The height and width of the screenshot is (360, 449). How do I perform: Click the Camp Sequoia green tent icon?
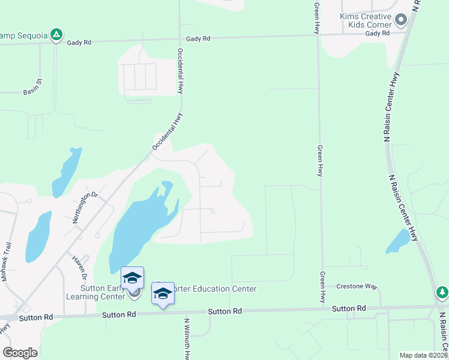[x=56, y=35]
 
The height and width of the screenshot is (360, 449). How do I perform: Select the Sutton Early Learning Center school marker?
[x=133, y=277]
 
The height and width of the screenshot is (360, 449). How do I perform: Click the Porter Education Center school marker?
[x=163, y=293]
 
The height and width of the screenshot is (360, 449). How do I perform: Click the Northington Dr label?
[x=85, y=207]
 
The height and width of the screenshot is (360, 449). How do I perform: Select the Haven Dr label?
[x=80, y=266]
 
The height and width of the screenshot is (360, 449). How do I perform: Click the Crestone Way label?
[x=356, y=286]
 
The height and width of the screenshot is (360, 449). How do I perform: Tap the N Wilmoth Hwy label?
[x=187, y=336]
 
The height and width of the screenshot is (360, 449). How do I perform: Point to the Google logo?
[x=20, y=353]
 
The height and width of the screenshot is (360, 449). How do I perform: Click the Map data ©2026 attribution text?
[x=423, y=355]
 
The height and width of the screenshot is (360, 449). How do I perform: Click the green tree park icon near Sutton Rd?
[x=442, y=292]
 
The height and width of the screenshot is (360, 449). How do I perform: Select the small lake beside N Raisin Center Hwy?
[x=398, y=241]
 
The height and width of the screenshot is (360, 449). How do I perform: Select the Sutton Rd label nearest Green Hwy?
[x=348, y=308]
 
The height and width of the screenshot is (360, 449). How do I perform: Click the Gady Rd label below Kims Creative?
[x=377, y=33]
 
